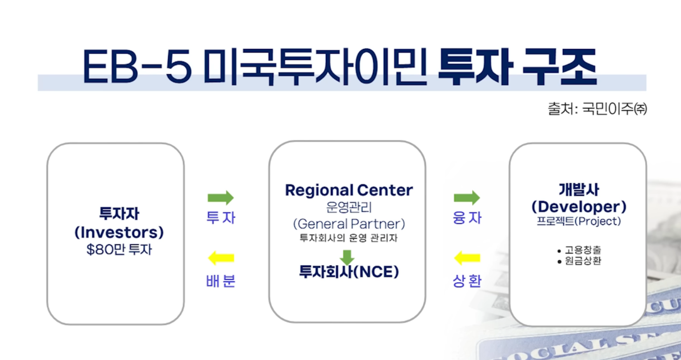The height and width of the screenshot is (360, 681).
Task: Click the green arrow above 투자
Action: [221, 198]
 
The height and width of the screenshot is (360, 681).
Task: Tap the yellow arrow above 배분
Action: [221, 258]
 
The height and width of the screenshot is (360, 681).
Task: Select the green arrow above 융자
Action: [467, 198]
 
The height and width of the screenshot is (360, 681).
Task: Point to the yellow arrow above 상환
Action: [467, 258]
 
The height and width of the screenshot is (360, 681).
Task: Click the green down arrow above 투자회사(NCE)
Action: [347, 257]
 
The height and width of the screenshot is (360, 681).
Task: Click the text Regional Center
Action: [349, 190]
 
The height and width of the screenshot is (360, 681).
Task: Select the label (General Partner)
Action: [349, 224]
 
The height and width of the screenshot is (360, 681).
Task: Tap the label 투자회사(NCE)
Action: [349, 272]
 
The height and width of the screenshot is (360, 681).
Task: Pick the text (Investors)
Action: [119, 232]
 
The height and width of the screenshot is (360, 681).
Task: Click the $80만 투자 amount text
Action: [119, 250]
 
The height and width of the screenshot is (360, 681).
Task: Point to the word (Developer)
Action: [579, 207]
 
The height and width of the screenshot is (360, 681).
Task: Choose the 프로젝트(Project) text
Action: [579, 221]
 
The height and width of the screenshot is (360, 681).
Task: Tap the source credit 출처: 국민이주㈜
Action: [597, 108]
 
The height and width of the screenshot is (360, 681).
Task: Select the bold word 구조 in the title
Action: [560, 67]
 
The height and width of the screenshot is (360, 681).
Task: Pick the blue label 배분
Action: [221, 281]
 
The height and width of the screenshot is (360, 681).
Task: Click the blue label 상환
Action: [467, 281]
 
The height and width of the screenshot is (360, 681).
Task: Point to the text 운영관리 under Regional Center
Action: [349, 207]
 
